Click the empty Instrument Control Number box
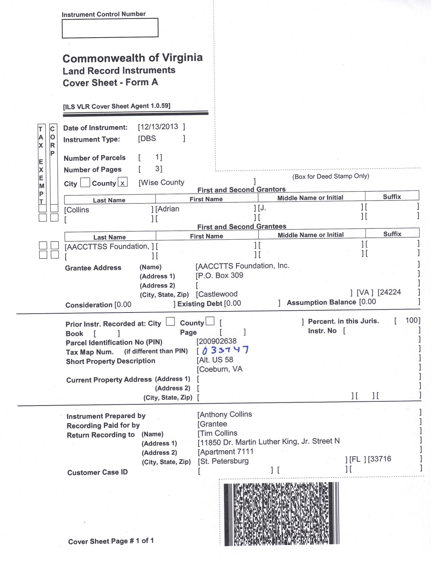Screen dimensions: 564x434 click(110, 28)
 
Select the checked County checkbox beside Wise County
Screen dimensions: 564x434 click(123, 182)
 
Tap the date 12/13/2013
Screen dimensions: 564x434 click(158, 127)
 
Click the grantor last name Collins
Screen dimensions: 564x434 click(78, 210)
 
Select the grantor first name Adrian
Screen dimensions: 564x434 click(168, 209)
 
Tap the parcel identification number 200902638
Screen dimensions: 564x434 click(217, 341)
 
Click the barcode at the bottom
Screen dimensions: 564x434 click(281, 513)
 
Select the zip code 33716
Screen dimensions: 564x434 click(380, 459)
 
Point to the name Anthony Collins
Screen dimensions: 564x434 click(225, 414)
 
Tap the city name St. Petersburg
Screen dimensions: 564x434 click(224, 461)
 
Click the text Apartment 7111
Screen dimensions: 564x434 click(226, 452)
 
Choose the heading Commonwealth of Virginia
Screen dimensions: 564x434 click(133, 58)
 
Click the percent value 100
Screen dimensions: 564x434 click(412, 320)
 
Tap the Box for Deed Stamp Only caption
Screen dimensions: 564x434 click(330, 176)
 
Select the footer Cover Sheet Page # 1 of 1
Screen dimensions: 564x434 click(111, 541)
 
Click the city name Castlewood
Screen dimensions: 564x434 click(218, 294)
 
